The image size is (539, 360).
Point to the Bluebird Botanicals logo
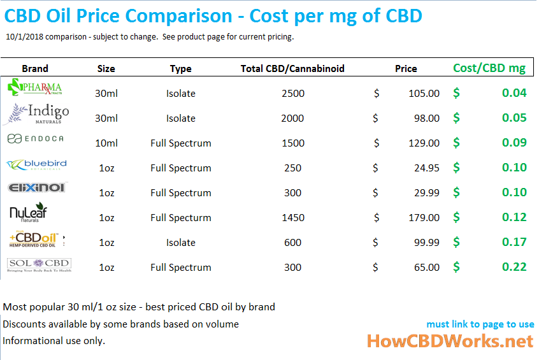(36, 165)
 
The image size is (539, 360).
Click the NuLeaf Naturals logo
(28, 213)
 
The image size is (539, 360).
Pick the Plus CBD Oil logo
(36, 240)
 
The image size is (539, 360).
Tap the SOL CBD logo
(38, 264)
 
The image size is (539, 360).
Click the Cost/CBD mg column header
(489, 68)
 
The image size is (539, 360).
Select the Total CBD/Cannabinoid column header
(292, 68)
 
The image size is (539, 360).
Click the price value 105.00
(424, 93)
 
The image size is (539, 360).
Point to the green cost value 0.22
(514, 267)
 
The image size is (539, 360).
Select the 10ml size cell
(106, 143)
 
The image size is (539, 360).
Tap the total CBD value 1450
(292, 217)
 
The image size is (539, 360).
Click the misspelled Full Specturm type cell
(180, 217)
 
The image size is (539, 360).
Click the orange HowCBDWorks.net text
(450, 341)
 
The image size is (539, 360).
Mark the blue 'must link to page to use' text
(480, 324)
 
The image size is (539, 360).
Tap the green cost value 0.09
(514, 143)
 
